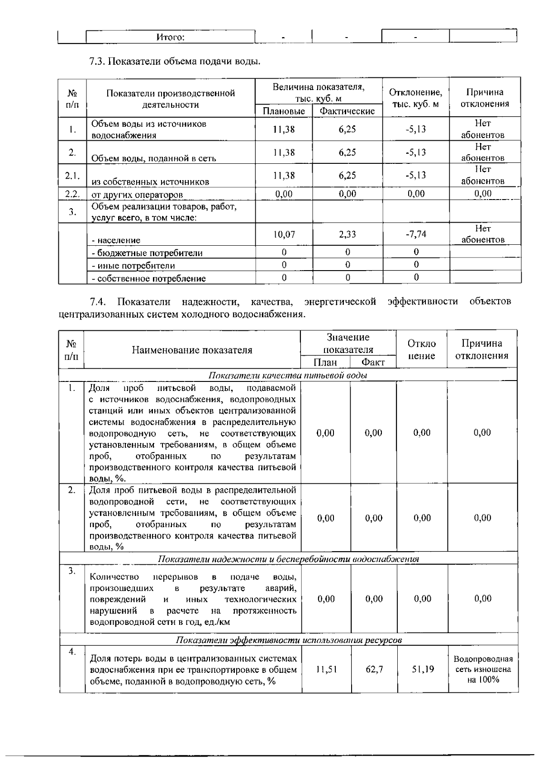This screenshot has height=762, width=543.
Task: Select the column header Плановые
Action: click(x=284, y=111)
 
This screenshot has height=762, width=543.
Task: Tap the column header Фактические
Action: click(x=347, y=111)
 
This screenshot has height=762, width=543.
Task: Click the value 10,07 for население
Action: click(x=284, y=234)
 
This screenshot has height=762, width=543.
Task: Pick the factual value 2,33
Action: click(x=347, y=234)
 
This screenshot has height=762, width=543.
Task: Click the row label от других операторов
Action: click(x=137, y=195)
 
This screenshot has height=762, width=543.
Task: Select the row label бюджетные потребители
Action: click(x=147, y=253)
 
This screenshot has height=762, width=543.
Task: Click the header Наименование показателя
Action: click(x=192, y=350)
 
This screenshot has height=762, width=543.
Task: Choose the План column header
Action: click(x=325, y=362)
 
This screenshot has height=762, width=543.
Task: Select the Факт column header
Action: click(x=373, y=362)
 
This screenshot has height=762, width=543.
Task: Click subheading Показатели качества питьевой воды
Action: click(x=288, y=376)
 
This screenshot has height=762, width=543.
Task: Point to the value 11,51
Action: click(x=326, y=669)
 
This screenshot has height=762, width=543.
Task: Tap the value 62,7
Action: click(x=374, y=669)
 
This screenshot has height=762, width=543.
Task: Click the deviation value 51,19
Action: click(x=422, y=669)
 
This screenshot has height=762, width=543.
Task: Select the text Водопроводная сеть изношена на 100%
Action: click(x=483, y=669)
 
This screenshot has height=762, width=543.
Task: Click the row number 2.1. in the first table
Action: click(x=72, y=176)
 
